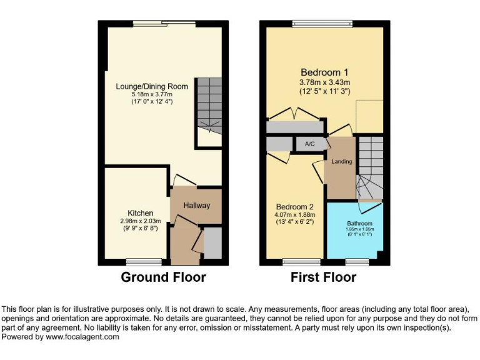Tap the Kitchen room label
[140, 213]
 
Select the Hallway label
[196, 206]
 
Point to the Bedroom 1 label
[324, 71]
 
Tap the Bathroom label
[360, 224]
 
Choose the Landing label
[342, 162]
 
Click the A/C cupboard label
[310, 144]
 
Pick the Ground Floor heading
[162, 277]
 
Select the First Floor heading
[324, 277]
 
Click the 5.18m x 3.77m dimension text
[152, 93]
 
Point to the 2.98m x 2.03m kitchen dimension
[140, 221]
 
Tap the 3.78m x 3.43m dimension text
[324, 82]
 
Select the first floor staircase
[369, 166]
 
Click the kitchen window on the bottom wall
[137, 261]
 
